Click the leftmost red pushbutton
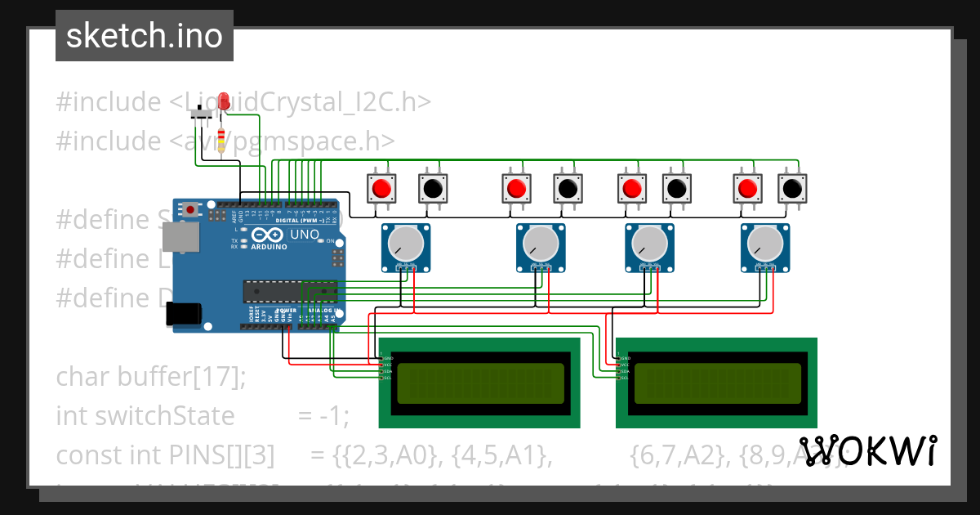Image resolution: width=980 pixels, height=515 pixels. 381,189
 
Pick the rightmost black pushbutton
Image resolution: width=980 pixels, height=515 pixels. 791,189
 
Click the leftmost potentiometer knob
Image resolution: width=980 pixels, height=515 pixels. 404,243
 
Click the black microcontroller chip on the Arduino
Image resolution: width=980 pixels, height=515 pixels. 289,291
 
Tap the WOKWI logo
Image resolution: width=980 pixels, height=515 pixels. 867,451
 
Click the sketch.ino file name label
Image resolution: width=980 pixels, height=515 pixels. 144,36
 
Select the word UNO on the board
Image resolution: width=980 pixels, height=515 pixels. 305,235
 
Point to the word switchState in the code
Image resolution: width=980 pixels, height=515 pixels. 165,416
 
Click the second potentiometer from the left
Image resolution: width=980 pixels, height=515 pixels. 540,243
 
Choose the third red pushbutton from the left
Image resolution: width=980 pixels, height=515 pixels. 630,189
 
